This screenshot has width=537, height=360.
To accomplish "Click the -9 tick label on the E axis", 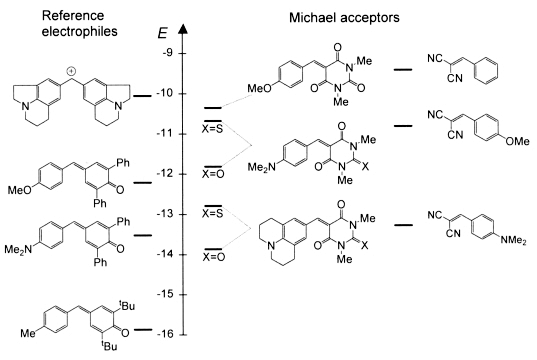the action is pyautogui.click(x=168, y=53).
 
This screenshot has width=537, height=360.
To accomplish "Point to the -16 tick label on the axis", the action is pyautogui.click(x=165, y=334).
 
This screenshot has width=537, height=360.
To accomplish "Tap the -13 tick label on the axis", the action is pyautogui.click(x=165, y=214).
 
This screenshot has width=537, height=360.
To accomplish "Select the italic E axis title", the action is pyautogui.click(x=162, y=34).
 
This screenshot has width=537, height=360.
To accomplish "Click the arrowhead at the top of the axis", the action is pyautogui.click(x=184, y=29).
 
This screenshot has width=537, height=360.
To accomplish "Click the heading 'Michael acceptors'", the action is pyautogui.click(x=344, y=17).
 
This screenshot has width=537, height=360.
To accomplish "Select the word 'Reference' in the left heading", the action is pyautogui.click(x=73, y=15).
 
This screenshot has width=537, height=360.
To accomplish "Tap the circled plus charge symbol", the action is pyautogui.click(x=71, y=71).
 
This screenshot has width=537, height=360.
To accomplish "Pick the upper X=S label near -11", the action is pyautogui.click(x=213, y=129).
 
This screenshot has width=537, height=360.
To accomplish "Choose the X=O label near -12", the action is pyautogui.click(x=213, y=174).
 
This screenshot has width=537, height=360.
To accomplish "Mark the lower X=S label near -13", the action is pyautogui.click(x=213, y=214).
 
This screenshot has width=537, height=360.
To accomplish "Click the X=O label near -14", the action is pyautogui.click(x=213, y=257).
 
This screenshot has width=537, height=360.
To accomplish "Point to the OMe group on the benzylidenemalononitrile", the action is pyautogui.click(x=517, y=141).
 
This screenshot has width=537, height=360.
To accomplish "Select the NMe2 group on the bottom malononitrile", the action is pyautogui.click(x=513, y=240).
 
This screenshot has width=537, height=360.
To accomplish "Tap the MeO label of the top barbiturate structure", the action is pyautogui.click(x=259, y=89).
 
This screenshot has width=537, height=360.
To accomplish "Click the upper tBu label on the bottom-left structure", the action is pyautogui.click(x=127, y=306).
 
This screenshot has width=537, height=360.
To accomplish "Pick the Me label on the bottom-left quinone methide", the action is pyautogui.click(x=28, y=333).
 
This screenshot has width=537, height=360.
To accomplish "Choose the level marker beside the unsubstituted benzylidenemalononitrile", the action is pyautogui.click(x=403, y=70).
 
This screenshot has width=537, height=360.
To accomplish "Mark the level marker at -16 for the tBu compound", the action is pyautogui.click(x=143, y=330).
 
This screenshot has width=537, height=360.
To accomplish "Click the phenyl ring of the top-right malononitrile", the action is pyautogui.click(x=487, y=70).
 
